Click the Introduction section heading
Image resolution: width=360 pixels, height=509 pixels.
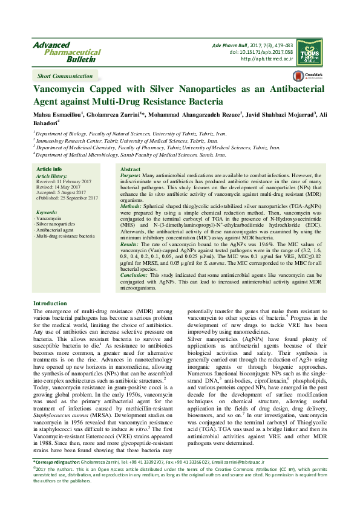[x=50, y=303]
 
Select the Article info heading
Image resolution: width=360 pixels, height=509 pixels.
[x=49, y=169]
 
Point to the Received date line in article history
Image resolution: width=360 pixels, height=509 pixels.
[x=64, y=181]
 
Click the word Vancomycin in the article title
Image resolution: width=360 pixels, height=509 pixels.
[x=64, y=89]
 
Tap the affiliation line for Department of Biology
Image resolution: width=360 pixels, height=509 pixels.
[x=131, y=132]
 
